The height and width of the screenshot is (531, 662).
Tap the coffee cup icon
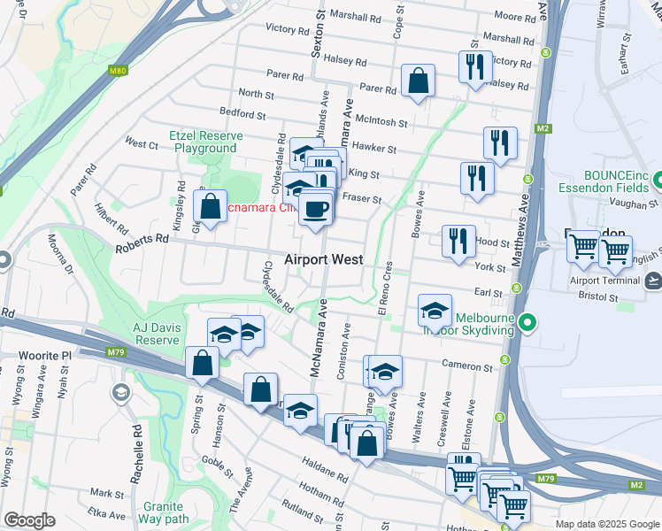[x=316, y=209]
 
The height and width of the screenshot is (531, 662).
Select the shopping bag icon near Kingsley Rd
[x=210, y=207]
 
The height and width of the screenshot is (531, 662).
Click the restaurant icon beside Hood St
[x=458, y=241]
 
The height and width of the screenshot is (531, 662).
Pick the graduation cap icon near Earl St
[x=435, y=311]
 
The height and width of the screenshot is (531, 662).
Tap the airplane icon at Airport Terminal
[x=653, y=281]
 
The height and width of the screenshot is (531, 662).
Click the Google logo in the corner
[x=29, y=520]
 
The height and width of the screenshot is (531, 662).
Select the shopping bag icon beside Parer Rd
[x=417, y=81]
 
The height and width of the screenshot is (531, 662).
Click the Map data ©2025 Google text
[x=606, y=524]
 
